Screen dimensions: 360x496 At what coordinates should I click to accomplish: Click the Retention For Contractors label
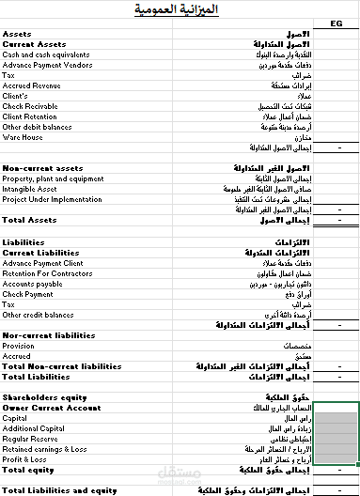42,273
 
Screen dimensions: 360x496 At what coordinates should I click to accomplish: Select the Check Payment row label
27,294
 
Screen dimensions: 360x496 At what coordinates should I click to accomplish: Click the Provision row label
19,345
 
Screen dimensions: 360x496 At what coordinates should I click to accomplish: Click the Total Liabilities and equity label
59,489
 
